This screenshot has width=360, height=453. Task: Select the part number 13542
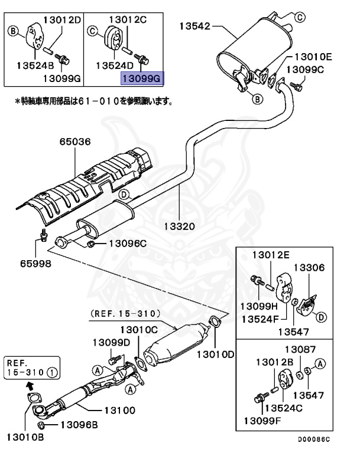coord(194,26)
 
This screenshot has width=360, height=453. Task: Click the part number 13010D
coord(215,354)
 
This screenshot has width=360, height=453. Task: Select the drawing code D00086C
coord(314,439)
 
